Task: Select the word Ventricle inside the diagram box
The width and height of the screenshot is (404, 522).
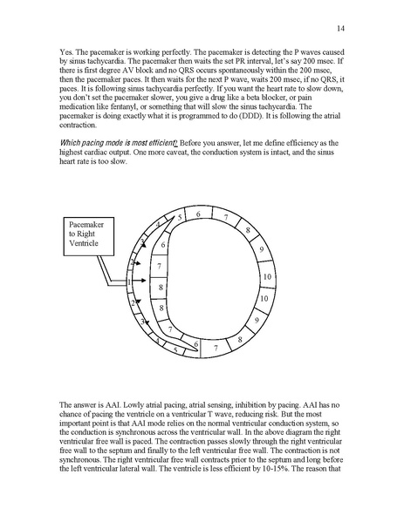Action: [88, 244]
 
